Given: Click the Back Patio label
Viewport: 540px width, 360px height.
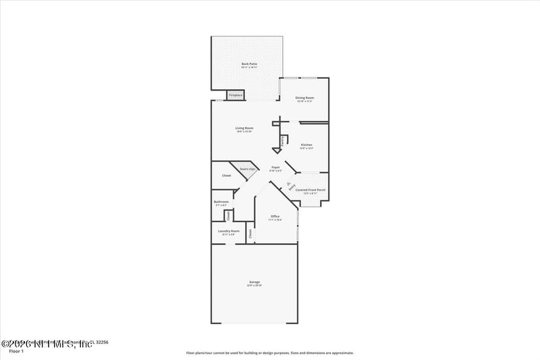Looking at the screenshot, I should pos(250,65).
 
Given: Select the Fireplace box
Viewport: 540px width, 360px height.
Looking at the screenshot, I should pos(236,95).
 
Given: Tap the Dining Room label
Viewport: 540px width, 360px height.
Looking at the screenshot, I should pos(304,98).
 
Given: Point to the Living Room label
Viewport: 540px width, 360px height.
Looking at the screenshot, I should pos(244,128).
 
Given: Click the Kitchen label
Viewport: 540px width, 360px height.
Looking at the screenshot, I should pos(306,145).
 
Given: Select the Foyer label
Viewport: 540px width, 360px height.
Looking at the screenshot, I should pos(275,167).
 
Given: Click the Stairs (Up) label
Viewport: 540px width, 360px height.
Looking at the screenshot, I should pos(247,169).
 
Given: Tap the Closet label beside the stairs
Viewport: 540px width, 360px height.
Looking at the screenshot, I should pos(227,176).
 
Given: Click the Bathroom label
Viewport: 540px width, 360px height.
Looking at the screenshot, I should pos(221,201).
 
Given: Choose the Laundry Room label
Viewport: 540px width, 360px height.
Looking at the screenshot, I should pos(229,231).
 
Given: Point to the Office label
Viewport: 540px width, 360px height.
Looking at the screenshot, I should pos(275,216).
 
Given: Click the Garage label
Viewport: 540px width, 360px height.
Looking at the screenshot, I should pos(254,282).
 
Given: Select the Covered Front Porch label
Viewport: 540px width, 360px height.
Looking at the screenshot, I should pos(310,190).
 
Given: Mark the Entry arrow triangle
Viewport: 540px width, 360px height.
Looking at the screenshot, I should pos(288,183).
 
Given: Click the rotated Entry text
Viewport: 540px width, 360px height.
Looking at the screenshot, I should pos(292,190).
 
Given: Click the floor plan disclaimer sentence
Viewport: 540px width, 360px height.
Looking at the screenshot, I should pos(270,353).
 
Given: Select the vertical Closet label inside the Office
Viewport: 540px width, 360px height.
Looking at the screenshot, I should pos(250,234).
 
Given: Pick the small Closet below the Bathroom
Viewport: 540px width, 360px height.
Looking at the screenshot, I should pos(228,215).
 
